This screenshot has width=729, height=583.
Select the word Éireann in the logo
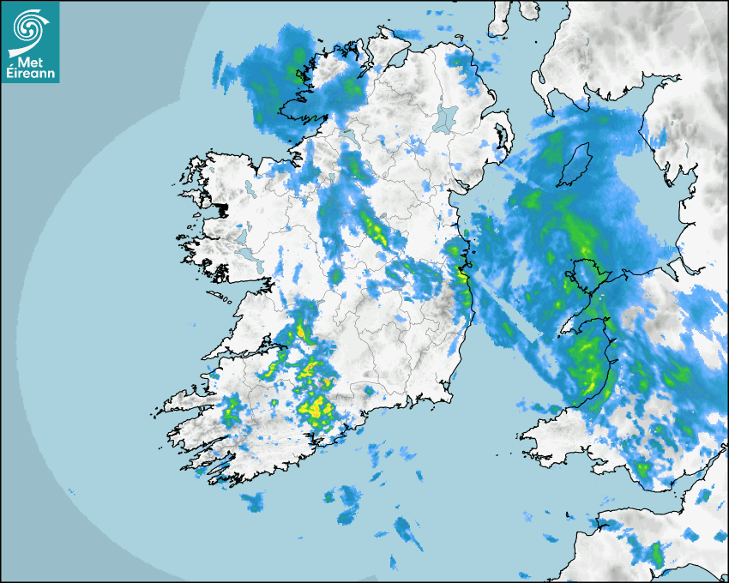coord(30,73)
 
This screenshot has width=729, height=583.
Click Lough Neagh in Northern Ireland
coord(445,117)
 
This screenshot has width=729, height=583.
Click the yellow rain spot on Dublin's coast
coord(463,276)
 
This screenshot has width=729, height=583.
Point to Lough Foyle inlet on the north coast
coord(396,57)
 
